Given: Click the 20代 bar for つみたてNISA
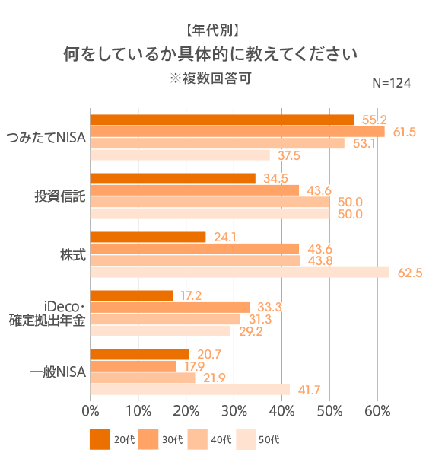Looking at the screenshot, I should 222,120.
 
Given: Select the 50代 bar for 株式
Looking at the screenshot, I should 240,273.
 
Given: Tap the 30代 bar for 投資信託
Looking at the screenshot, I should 195,190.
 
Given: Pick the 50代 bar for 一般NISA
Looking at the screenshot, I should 190,390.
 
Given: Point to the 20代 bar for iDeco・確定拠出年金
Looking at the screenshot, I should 132,295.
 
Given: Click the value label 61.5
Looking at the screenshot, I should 404,132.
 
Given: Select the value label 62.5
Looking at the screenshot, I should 409,273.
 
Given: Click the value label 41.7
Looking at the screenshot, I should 307,390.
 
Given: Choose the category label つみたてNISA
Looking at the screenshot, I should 46,137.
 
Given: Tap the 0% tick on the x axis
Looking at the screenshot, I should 91,412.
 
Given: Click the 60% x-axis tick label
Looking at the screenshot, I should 377,412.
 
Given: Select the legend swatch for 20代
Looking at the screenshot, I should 100,439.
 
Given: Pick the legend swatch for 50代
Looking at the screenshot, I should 246,439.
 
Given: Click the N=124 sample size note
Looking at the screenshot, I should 391,82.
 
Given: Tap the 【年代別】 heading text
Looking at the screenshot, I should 212,30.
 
